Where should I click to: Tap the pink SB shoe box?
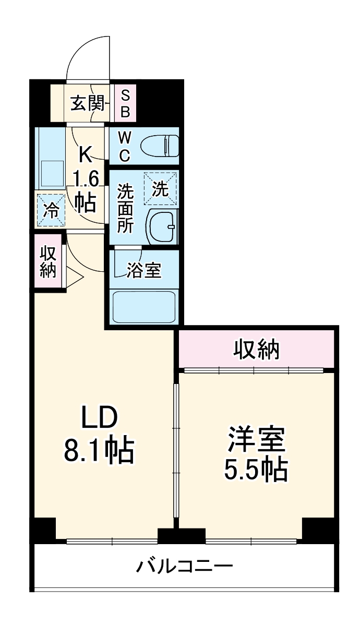[x=125, y=103]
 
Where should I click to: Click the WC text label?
[x=124, y=146]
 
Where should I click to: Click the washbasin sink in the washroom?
[x=163, y=226]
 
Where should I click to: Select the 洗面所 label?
[x=125, y=208]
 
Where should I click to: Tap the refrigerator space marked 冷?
[x=51, y=210]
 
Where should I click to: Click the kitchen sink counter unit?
[x=49, y=159]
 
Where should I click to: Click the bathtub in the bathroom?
[x=144, y=307]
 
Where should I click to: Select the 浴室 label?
[x=144, y=270]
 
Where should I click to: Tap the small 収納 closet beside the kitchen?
[x=48, y=261]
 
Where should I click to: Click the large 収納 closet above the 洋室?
[x=256, y=349]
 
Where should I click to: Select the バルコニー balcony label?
[x=185, y=566]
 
